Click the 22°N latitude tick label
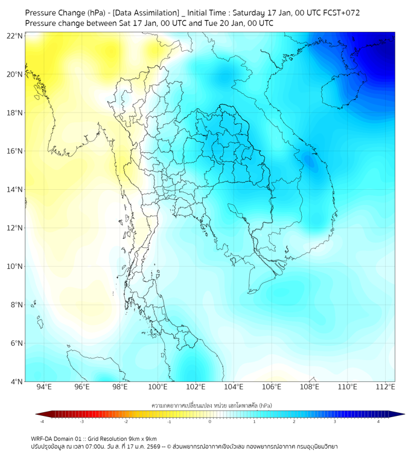coord(15,36)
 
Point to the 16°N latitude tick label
coord(15,151)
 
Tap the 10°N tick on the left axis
coord(15,267)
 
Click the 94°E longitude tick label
coord(44,387)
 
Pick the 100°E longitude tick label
coord(158,387)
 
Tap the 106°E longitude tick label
coord(272,387)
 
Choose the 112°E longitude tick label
coord(385,387)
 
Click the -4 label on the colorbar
coord(42,421)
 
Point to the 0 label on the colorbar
coord(210,421)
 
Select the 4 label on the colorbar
coord(378,421)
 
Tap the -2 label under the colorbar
coord(126,421)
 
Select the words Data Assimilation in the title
coord(146,13)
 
